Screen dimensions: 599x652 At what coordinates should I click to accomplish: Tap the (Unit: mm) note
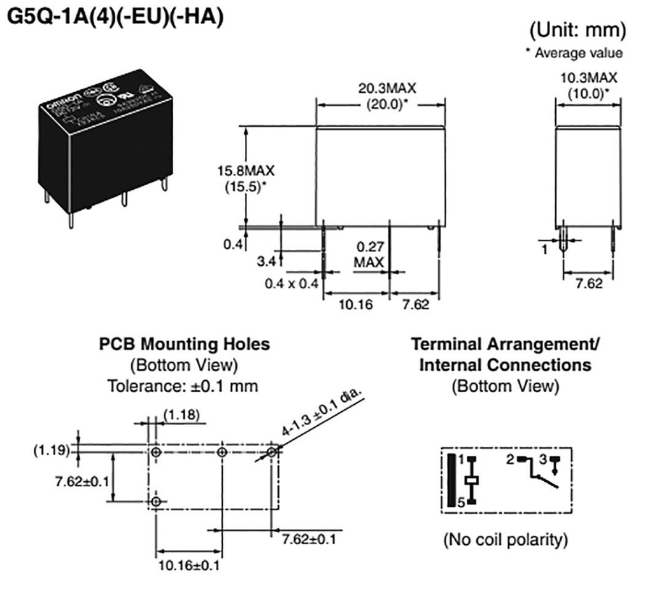[x=578, y=30]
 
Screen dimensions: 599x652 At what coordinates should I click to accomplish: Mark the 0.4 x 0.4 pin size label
[x=290, y=284]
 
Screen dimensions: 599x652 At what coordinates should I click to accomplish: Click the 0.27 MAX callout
[x=369, y=255]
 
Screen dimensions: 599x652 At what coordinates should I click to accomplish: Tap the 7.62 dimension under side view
[x=588, y=283]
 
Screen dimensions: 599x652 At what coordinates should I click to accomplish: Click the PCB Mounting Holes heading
[x=185, y=344]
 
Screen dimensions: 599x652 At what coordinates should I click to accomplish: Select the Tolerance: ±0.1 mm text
[x=185, y=386]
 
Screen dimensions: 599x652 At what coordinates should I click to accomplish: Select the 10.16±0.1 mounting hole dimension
[x=189, y=564]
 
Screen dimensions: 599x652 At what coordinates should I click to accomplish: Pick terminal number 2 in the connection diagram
[x=510, y=458]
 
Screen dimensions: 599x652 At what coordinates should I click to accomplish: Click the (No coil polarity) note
[x=504, y=540]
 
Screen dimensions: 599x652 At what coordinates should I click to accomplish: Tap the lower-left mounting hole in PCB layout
[x=155, y=502]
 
